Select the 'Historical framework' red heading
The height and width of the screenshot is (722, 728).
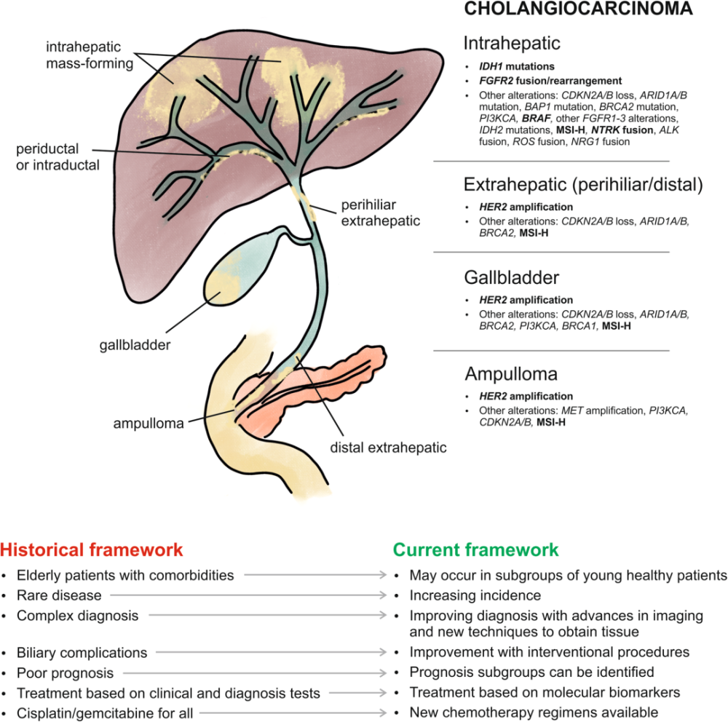pyautogui.click(x=92, y=550)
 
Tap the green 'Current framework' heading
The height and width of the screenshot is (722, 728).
pyautogui.click(x=476, y=550)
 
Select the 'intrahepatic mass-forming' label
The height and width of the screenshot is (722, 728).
pyautogui.click(x=90, y=56)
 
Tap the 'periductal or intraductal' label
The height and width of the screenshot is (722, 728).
pyautogui.click(x=58, y=156)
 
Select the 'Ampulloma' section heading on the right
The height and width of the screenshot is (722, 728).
pyautogui.click(x=511, y=375)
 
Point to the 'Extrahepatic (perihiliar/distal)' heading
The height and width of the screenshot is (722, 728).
pyautogui.click(x=582, y=185)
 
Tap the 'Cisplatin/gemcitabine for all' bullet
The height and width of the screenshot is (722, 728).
pyautogui.click(x=105, y=713)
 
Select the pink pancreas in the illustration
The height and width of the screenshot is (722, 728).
pyautogui.click(x=342, y=378)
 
